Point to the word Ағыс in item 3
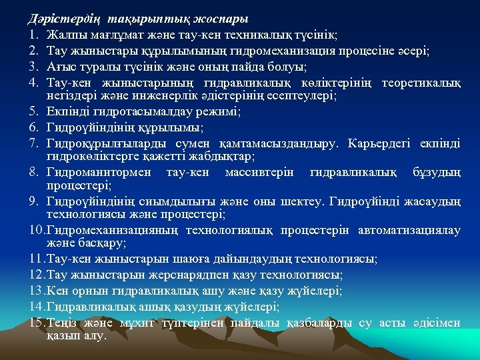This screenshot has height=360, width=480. coord(61,67)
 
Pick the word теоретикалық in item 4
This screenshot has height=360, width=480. coord(421,83)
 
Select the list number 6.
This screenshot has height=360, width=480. coord(34,127)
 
